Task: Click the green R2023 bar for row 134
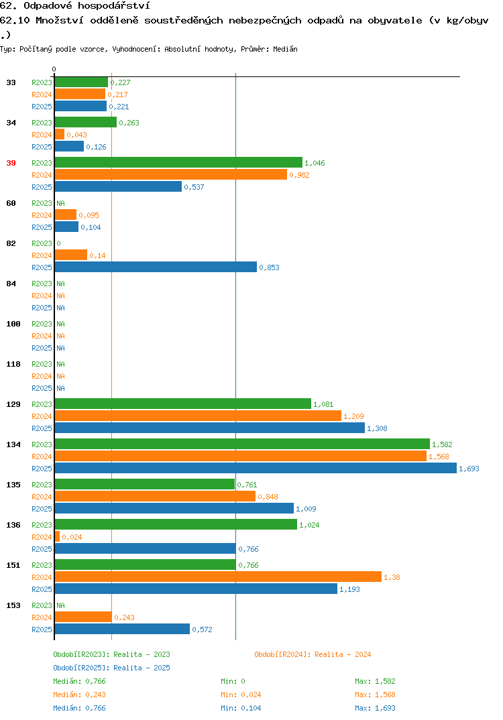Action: (x=242, y=444)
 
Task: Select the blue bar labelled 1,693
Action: (x=256, y=468)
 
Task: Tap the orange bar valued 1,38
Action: (x=218, y=577)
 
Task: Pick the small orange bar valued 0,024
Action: (x=58, y=536)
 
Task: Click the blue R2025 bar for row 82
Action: (x=156, y=267)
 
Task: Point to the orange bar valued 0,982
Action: (x=171, y=174)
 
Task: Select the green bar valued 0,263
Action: (x=86, y=122)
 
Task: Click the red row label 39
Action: (x=11, y=163)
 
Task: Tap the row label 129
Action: (x=13, y=404)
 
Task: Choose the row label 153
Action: (x=13, y=605)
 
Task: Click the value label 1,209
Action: (x=353, y=416)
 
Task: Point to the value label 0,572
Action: (x=202, y=629)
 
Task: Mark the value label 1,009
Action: (x=306, y=509)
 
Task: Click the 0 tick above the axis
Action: (x=54, y=69)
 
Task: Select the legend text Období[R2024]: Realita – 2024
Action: (x=313, y=654)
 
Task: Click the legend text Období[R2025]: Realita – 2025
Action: (x=111, y=668)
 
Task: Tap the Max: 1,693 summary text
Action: (x=375, y=708)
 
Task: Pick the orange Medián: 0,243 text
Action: (x=79, y=695)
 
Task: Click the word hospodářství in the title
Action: (x=114, y=6)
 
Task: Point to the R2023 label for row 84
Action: (x=42, y=284)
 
